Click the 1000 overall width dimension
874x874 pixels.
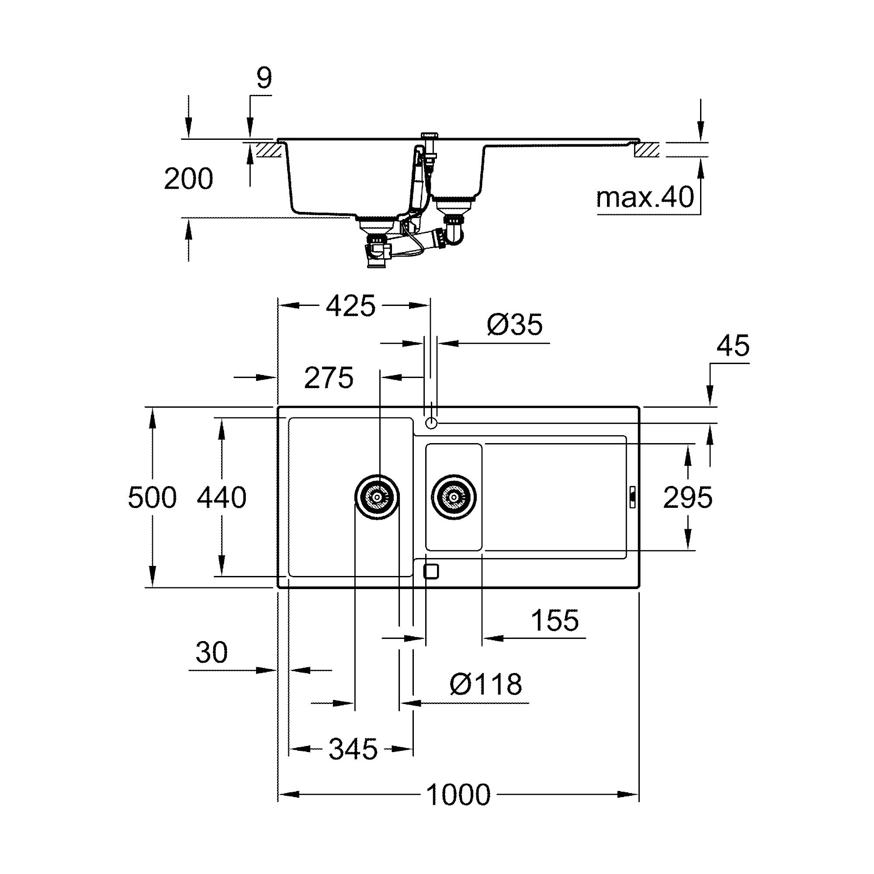tap(458, 795)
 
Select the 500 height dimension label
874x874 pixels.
tap(152, 498)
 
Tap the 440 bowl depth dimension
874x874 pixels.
tap(222, 498)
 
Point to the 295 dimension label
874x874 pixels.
tap(687, 498)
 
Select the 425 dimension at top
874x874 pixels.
tap(350, 306)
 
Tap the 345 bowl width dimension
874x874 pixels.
tap(353, 749)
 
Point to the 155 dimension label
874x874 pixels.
tap(555, 620)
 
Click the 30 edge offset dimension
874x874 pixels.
tap(211, 652)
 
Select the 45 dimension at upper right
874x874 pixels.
tap(733, 346)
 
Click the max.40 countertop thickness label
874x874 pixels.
tap(645, 198)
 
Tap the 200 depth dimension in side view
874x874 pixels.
tap(188, 179)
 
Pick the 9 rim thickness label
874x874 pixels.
tap(264, 79)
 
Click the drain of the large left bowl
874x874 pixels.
tap(377, 497)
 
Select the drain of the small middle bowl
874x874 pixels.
tap(454, 497)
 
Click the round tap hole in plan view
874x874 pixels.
tap(431, 423)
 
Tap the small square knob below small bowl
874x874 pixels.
tap(431, 572)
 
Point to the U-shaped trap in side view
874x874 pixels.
tap(454, 233)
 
